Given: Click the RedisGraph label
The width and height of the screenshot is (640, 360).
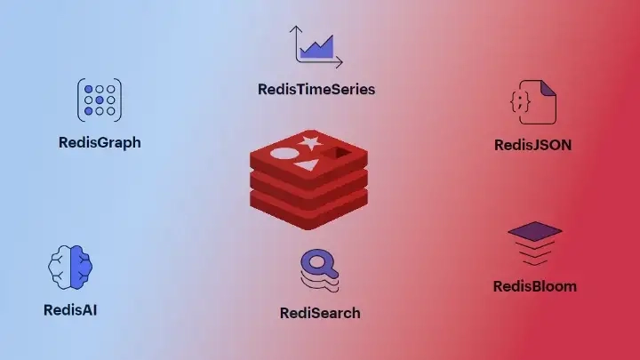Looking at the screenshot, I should pos(100,142).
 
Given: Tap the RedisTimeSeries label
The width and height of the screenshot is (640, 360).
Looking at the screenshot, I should pos(316,89).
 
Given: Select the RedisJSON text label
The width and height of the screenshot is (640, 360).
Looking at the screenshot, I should pos(532,144).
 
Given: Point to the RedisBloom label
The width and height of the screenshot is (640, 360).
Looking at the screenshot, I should pos(534,286).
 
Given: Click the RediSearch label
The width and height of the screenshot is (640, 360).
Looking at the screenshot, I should pos(320,312).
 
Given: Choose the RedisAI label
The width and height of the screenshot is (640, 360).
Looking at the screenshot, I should pos(69,310).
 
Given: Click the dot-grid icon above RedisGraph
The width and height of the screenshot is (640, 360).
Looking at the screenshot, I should pos(100,100).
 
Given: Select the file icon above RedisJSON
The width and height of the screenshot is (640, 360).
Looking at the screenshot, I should pos(532,102).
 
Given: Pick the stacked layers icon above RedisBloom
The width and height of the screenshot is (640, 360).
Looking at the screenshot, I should pos(534,244).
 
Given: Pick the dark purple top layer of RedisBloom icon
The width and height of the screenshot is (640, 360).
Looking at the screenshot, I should pos(534,231).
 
